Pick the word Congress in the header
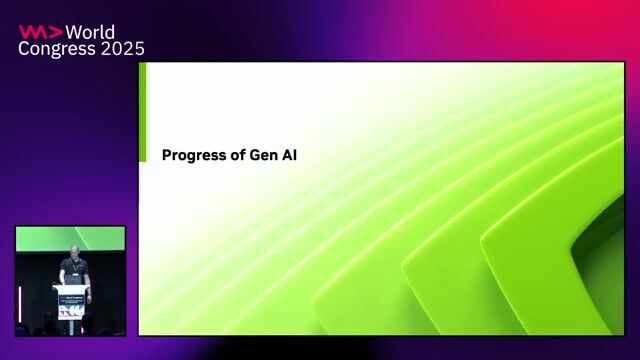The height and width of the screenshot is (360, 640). click(x=53, y=48)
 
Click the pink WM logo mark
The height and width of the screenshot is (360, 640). click(x=39, y=32)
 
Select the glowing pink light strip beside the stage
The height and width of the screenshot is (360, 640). click(x=19, y=300)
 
